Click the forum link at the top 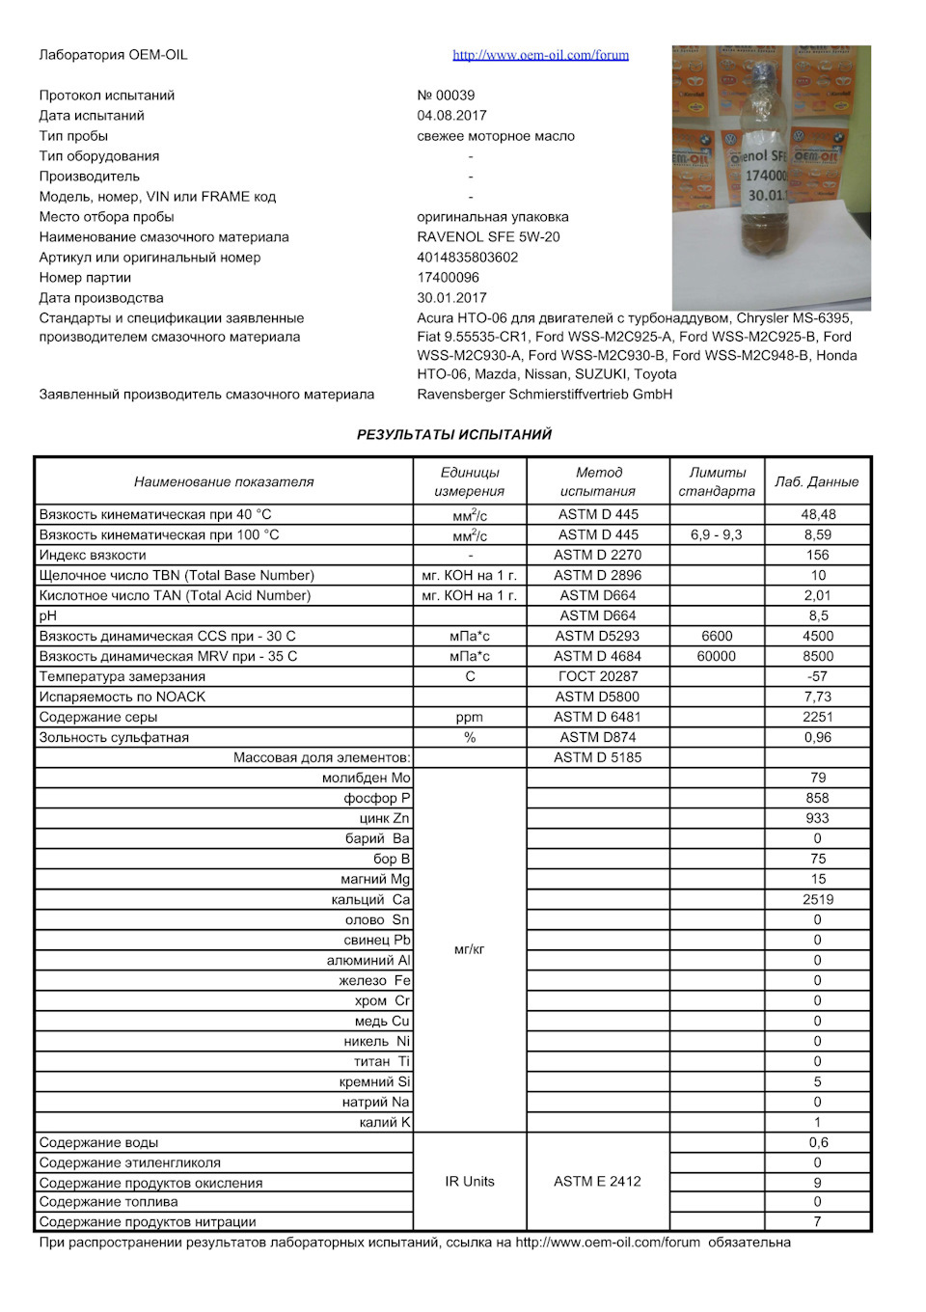point(540,55)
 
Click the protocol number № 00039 point(446,96)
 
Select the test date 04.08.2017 point(451,116)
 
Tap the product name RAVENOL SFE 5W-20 point(488,237)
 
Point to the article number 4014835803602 point(468,258)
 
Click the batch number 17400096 point(448,278)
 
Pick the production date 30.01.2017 point(451,298)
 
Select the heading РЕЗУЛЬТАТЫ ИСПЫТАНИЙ point(453,435)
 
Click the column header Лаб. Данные point(816,481)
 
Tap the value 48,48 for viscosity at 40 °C point(818,515)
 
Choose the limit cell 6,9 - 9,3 point(716,535)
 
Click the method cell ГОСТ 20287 point(597,677)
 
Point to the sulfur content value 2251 point(817,718)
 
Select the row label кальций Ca point(370,900)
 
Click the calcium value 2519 point(817,900)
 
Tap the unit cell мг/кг point(469,950)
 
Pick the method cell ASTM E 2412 point(597,1182)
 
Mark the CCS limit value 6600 point(717,637)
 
